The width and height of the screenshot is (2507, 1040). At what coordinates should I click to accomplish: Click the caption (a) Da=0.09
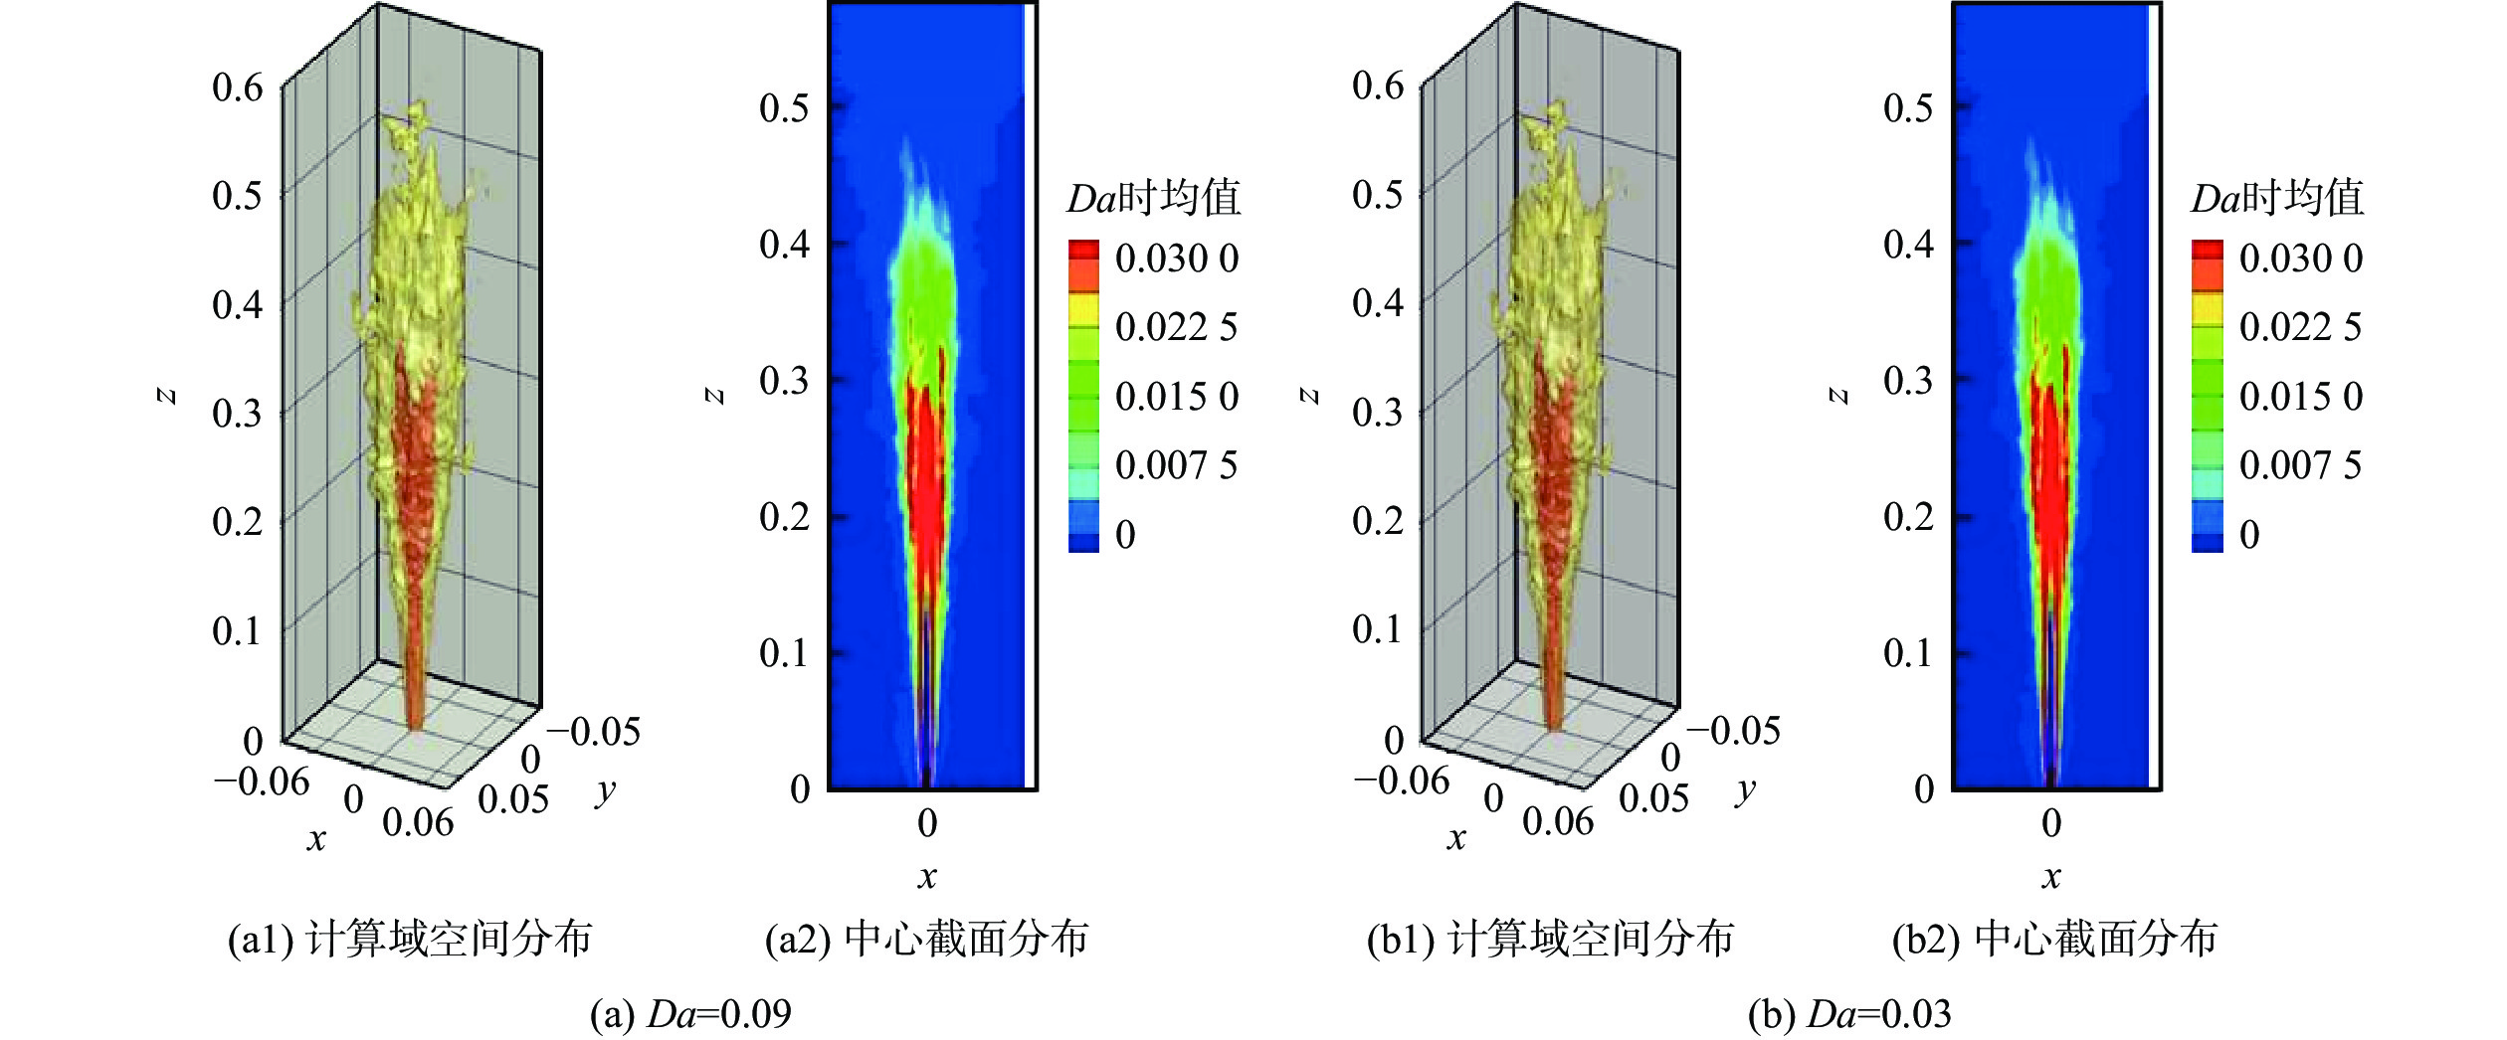pyautogui.click(x=690, y=1014)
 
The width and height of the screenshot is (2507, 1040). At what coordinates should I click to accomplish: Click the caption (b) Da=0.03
pyautogui.click(x=1849, y=1014)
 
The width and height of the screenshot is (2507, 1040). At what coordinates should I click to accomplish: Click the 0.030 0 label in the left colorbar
pyautogui.click(x=1177, y=259)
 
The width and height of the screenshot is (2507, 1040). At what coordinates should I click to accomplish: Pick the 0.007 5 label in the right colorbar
pyautogui.click(x=2300, y=465)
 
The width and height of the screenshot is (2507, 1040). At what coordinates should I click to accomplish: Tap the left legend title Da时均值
pyautogui.click(x=1154, y=198)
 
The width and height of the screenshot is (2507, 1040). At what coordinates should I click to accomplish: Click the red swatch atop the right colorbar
pyautogui.click(x=2207, y=251)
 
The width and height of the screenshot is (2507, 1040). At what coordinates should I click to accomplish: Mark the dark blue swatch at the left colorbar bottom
pyautogui.click(x=1083, y=542)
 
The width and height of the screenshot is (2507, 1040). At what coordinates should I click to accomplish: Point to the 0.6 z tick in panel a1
pyautogui.click(x=238, y=87)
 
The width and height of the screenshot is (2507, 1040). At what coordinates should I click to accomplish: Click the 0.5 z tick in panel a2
pyautogui.click(x=784, y=107)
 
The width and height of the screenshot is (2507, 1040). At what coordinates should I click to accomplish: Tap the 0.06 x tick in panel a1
pyautogui.click(x=418, y=822)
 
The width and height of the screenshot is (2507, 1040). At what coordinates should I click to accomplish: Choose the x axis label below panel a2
pyautogui.click(x=927, y=877)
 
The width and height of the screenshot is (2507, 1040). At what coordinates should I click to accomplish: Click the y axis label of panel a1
pyautogui.click(x=605, y=792)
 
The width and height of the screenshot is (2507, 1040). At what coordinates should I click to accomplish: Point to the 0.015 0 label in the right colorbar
pyautogui.click(x=2300, y=397)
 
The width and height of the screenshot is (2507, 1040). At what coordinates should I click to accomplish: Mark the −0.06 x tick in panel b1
pyautogui.click(x=1401, y=781)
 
